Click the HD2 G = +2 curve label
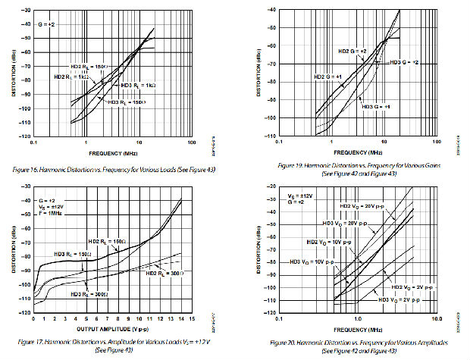(352, 52)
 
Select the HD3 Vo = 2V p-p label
(410, 301)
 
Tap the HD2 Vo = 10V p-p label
(327, 240)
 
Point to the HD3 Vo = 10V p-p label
(313, 261)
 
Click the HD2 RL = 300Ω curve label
(165, 274)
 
